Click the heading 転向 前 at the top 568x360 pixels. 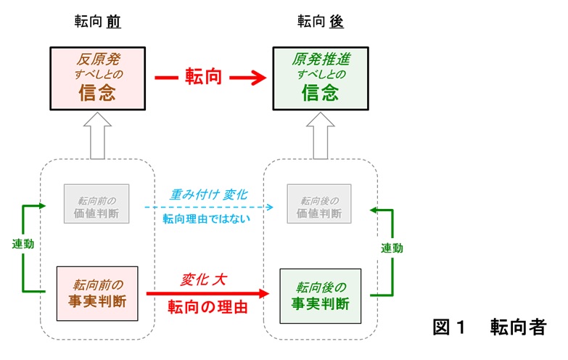coord(97,21)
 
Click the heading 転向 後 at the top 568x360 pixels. coord(320,21)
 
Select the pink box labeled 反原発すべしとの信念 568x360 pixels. coord(97,78)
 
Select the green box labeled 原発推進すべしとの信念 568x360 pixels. coord(321,78)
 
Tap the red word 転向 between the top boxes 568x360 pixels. coord(203,76)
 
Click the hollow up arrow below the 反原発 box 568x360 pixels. coord(97,136)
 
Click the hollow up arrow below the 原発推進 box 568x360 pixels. coord(321,136)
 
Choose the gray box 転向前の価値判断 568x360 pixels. coord(96,204)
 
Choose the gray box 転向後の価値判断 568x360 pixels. coord(319,204)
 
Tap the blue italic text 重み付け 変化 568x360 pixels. coord(209,195)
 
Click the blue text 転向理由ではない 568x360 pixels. coord(206,218)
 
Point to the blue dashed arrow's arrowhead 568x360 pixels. coord(270,207)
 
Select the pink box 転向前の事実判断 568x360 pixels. coord(97,294)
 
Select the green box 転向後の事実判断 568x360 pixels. coord(320,296)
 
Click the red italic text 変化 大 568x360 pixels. coord(204,279)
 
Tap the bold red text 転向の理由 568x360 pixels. coord(207,307)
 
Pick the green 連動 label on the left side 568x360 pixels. coord(22,244)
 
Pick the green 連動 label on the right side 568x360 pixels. coord(392,248)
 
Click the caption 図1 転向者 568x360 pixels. coord(490,327)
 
